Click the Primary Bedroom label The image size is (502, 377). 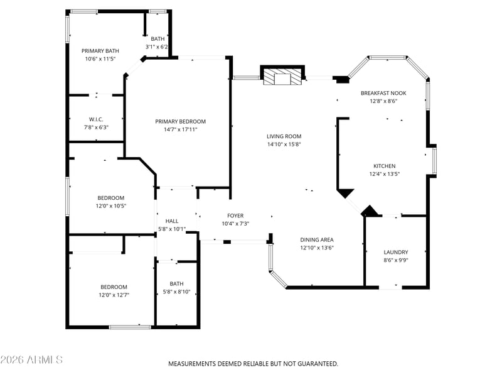tap(180, 121)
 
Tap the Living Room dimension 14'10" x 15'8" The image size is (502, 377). tap(284, 145)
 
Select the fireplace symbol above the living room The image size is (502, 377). tap(282, 75)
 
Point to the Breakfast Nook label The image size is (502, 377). tap(383, 93)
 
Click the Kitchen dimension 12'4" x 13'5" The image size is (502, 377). tap(385, 174)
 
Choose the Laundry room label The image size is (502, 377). tap(396, 253)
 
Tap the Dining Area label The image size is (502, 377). tap(317, 240)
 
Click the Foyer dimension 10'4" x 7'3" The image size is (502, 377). tap(235, 224)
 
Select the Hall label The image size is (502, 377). tap(172, 221)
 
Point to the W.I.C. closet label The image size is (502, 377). tap(96, 119)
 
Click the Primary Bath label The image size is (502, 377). tap(100, 51)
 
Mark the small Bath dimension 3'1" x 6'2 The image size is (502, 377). tap(156, 46)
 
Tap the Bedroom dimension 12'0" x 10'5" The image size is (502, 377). tap(111, 206)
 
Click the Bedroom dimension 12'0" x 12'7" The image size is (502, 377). tap(114, 295)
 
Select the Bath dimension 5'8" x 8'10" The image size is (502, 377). tap(176, 292)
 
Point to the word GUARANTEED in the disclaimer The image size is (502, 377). tap(318, 364)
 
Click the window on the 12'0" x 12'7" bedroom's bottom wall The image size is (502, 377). tap(130, 327)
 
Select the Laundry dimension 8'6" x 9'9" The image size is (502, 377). tap(396, 260)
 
